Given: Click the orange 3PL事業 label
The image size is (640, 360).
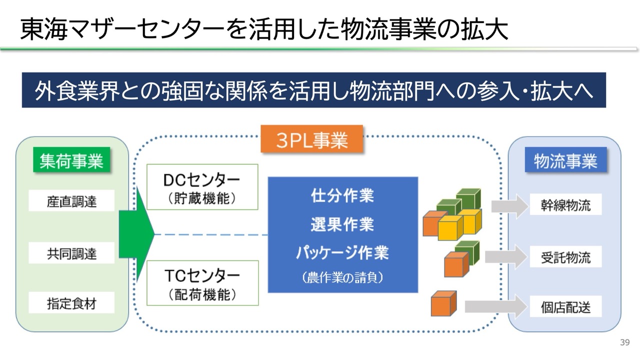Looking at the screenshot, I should click(311, 139).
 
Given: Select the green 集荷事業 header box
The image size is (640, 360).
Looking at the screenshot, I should click(71, 160).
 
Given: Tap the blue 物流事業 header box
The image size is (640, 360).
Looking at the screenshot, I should click(565, 160).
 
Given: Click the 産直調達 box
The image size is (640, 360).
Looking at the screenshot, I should click(71, 201).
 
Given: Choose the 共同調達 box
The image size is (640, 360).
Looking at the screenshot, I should click(71, 253).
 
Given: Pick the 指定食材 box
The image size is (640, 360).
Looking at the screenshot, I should click(71, 303).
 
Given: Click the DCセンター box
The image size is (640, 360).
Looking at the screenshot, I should click(202, 186).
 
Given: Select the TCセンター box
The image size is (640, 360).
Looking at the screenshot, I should click(202, 282).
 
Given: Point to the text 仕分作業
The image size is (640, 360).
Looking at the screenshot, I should click(342, 195).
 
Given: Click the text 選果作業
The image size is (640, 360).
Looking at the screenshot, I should click(342, 224).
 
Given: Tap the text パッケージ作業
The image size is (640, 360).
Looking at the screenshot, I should click(342, 252).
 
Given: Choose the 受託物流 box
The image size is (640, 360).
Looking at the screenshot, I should click(565, 257).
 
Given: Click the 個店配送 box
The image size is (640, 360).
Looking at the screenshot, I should click(565, 306).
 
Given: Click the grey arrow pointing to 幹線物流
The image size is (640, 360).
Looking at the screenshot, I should click(509, 206).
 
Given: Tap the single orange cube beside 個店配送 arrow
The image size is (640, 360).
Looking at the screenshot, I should click(443, 303).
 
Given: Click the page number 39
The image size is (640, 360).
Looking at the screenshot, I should click(624, 342).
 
